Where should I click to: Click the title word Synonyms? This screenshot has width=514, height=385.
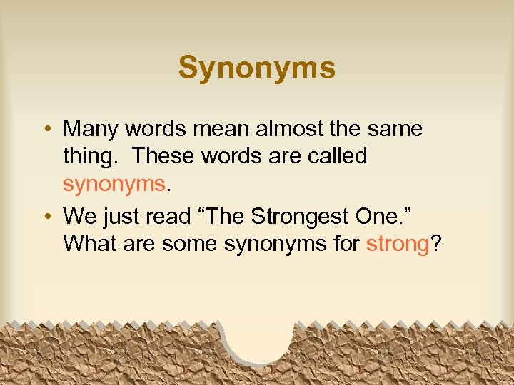coord(256,68)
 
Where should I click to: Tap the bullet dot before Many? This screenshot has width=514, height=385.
coord(45,130)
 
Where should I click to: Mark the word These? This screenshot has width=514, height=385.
coord(163,155)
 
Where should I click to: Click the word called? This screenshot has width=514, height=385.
coord(335,155)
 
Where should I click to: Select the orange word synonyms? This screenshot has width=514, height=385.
coord(114,184)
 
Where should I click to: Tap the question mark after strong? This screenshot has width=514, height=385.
coord(435,244)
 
